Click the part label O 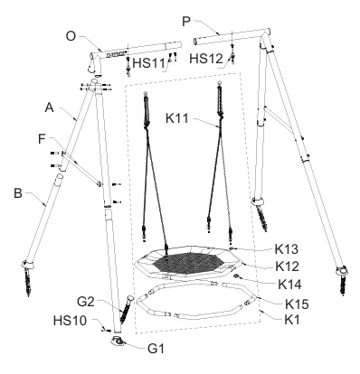71,36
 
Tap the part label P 187,22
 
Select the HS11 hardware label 149,63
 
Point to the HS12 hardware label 206,59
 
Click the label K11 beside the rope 177,118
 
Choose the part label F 43,139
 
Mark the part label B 18,193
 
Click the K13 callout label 287,249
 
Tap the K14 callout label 289,285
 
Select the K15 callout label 297,304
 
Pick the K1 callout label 292,320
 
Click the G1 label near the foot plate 156,349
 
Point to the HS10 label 70,321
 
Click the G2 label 86,302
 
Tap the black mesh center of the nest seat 188,264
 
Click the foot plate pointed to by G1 118,341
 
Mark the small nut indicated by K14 237,276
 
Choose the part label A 49,108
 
